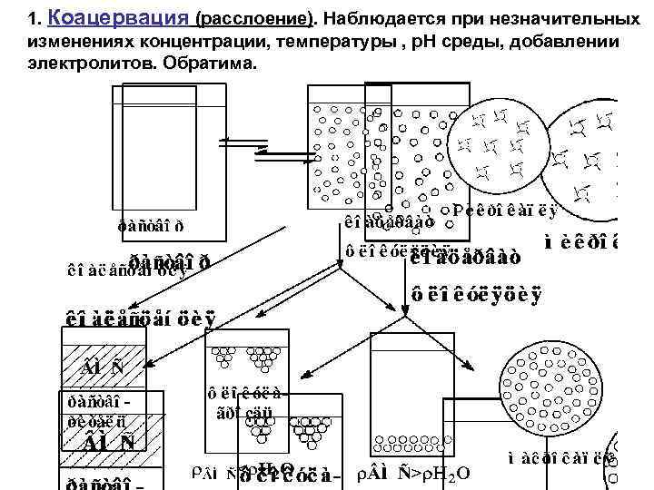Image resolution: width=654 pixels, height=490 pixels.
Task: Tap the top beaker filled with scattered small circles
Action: click(381, 145)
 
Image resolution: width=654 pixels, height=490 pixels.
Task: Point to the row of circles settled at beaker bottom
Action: click(412, 446)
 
